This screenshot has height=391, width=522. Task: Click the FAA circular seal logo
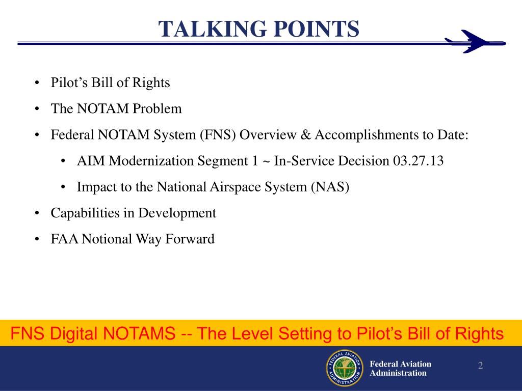tap(344, 368)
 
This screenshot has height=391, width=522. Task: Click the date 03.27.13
tap(418, 161)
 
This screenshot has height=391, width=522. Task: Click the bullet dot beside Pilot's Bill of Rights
tap(38, 83)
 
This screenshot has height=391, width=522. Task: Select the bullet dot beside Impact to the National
tap(64, 187)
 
